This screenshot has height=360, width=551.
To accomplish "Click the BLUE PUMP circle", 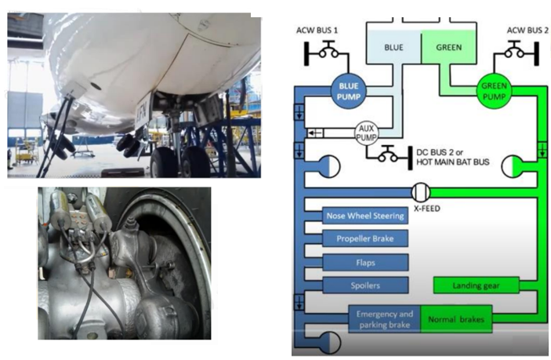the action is coord(349,91).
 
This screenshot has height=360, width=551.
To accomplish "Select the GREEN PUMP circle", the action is coord(494,91).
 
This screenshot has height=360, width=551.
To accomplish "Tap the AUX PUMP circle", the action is coord(367,133).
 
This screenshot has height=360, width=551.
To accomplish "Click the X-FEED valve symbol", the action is coord(421,192).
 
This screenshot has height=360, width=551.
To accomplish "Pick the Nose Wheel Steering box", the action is coord(365,216).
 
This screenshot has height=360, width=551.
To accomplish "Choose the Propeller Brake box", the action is coord(365,238).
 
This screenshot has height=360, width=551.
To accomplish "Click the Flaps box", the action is coord(365,262).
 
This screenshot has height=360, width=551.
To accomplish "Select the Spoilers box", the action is coord(365,285).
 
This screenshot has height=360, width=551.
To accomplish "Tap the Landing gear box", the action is coord(477,285).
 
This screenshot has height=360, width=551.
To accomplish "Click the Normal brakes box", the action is coord(456,319).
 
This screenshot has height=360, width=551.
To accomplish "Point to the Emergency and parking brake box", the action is coord(384,319).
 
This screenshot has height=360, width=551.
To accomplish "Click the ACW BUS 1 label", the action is coord(317,31).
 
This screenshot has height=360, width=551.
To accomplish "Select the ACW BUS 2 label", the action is coord(527,31).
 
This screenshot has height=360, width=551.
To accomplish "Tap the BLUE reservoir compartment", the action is coord(393,47).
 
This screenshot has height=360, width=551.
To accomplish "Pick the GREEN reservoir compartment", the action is coord(449,47).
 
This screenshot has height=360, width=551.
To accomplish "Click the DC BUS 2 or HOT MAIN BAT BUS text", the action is coord(452,157).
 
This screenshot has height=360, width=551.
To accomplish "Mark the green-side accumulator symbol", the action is coord(513,166).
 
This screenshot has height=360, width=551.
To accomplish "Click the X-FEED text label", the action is coord(426,209).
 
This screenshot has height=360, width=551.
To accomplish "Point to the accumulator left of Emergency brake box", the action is coord(329,342).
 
